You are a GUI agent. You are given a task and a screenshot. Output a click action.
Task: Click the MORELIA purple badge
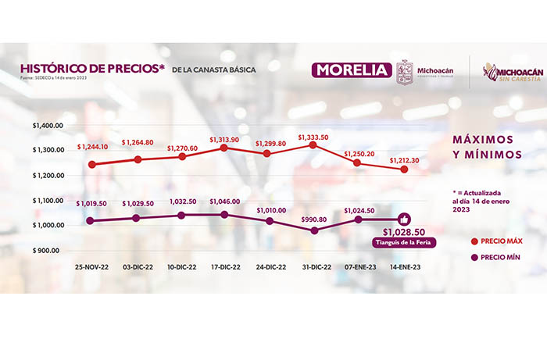click(x=352, y=70)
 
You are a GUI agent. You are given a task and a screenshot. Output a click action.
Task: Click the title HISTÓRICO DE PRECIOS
click(x=92, y=69)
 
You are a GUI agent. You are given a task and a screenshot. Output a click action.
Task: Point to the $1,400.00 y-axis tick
click(x=49, y=126)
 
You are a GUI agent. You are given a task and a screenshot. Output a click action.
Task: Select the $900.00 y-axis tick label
click(x=52, y=251)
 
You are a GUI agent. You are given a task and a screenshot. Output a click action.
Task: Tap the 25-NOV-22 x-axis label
click(x=93, y=266)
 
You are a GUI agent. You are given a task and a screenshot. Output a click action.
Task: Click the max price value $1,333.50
click(x=313, y=137)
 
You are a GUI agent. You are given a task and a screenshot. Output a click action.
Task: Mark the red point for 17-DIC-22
click(x=224, y=148)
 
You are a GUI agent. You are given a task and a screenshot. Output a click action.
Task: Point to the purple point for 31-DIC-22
click(x=314, y=231)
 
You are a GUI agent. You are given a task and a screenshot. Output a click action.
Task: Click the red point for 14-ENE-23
click(x=405, y=170)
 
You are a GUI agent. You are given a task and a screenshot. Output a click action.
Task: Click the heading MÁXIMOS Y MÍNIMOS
click(x=486, y=146)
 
